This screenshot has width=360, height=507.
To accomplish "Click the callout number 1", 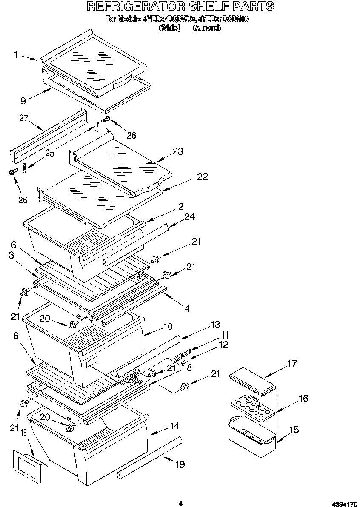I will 15,54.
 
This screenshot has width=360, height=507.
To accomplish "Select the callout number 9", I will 23,100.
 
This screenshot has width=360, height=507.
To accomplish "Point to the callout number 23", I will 177,151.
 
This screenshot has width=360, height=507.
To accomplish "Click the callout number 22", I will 202,177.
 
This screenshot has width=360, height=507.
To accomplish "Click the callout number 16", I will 303,399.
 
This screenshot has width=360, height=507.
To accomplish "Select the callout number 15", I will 294,430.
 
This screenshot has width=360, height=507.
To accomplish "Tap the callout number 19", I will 180,464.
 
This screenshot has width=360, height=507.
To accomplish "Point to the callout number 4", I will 187,308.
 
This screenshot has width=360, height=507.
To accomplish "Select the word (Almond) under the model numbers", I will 206,28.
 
